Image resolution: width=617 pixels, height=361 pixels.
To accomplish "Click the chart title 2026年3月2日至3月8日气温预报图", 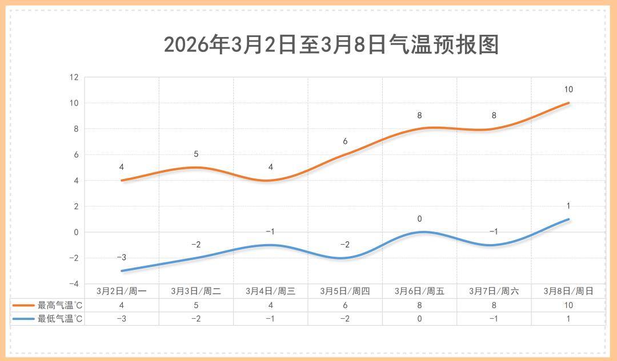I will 331,44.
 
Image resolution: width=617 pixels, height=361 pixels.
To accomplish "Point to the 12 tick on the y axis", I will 74,77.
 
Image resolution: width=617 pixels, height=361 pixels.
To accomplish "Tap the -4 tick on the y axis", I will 73,284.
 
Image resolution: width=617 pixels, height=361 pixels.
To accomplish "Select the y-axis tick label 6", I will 75,155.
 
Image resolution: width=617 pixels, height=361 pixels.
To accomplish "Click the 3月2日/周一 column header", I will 122,291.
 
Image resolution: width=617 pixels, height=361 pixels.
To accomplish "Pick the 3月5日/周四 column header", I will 344,291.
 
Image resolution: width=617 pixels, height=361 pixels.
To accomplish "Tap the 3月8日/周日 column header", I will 568,291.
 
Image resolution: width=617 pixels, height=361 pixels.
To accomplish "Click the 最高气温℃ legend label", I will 61,305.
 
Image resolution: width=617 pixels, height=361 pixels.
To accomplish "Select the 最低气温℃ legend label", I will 61,319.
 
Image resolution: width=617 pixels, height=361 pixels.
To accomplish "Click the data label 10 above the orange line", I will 568,90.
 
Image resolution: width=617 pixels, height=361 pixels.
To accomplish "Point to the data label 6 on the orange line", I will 345,141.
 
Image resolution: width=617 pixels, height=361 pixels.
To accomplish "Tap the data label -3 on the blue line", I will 121,258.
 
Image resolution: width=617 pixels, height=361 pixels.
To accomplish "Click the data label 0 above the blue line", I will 419,219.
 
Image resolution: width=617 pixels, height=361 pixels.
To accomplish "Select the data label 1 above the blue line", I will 568,206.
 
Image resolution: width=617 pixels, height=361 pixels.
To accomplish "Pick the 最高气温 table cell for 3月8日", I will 568,305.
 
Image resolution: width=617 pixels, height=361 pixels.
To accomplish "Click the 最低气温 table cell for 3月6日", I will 419,319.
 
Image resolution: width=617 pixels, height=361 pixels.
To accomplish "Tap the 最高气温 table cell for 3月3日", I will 196,305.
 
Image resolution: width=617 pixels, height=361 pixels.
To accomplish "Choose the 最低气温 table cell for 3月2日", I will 122,319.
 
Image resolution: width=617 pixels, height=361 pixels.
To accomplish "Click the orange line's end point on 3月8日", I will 568,103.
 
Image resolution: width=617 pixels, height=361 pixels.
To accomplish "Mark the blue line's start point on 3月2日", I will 122,271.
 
